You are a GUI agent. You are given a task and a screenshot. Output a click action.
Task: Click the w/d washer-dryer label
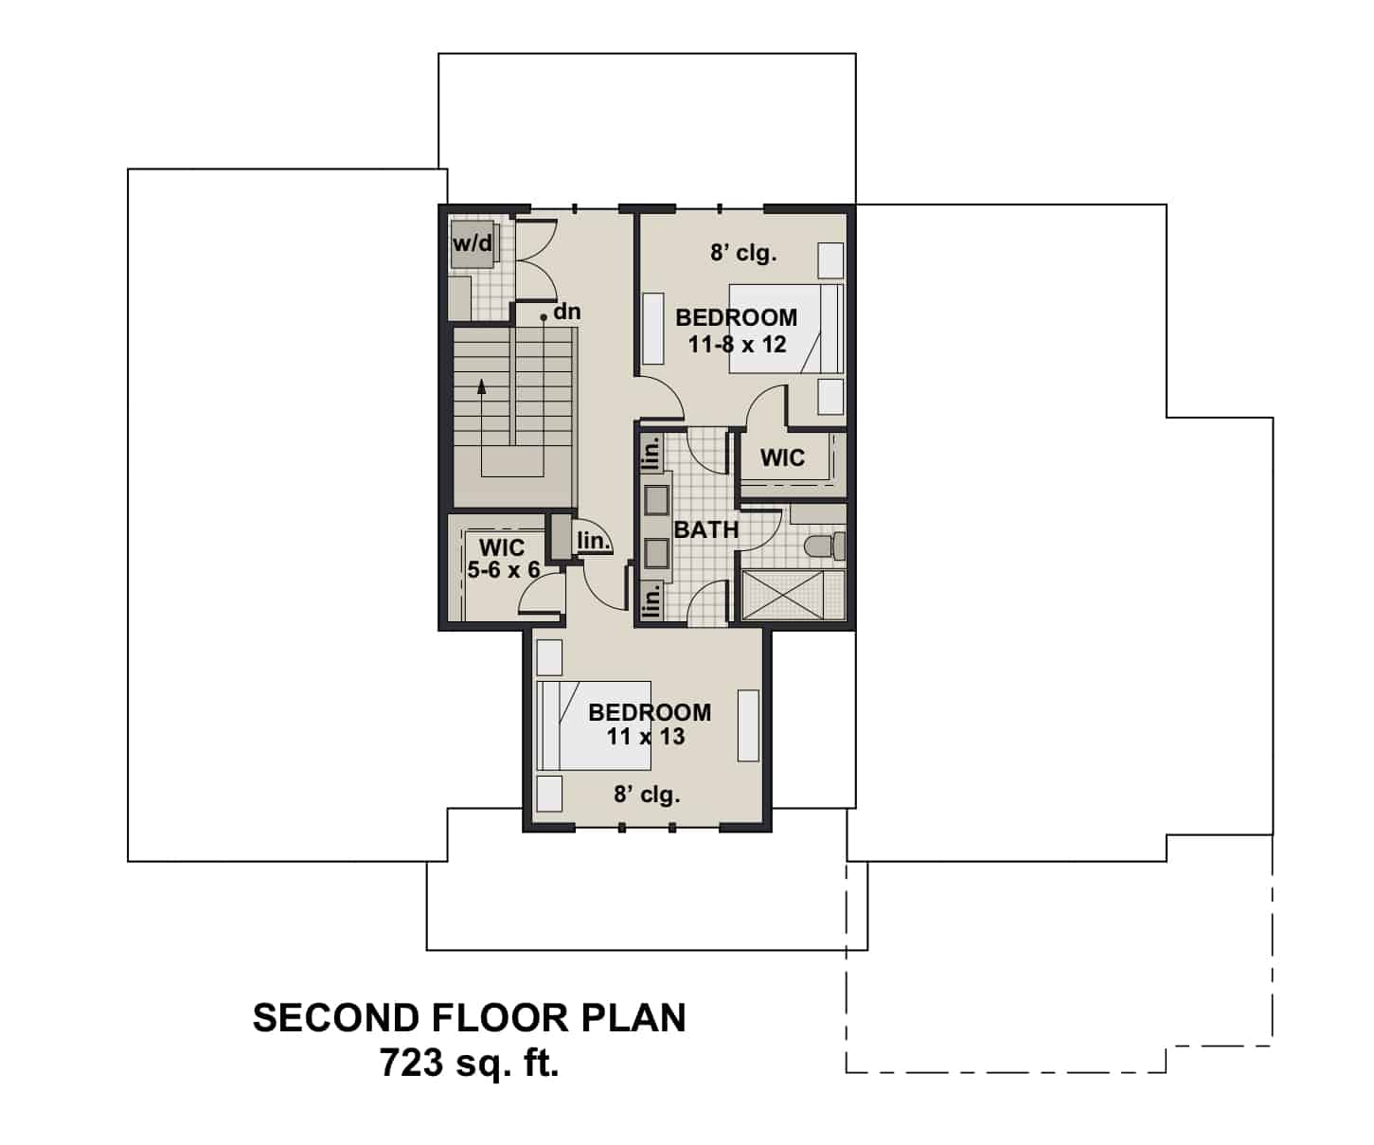pyautogui.click(x=472, y=243)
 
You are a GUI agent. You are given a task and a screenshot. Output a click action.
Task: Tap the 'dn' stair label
pyautogui.click(x=566, y=312)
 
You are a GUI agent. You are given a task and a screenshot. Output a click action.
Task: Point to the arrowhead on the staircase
pyautogui.click(x=482, y=385)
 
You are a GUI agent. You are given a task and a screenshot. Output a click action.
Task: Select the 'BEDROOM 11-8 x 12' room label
pyautogui.click(x=737, y=331)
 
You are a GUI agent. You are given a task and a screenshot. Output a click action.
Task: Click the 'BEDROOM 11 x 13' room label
pyautogui.click(x=649, y=725)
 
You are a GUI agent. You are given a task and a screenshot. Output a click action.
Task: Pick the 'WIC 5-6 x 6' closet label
pyautogui.click(x=503, y=559)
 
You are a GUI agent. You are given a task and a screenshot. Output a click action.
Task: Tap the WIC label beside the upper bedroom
pyautogui.click(x=782, y=458)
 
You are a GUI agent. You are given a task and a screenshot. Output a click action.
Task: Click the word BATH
pyautogui.click(x=705, y=529)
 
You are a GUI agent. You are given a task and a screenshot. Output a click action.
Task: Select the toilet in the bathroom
pyautogui.click(x=822, y=546)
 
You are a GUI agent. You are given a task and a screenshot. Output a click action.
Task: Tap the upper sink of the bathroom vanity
pyautogui.click(x=656, y=499)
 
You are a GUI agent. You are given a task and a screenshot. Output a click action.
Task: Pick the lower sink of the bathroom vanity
pyautogui.click(x=656, y=551)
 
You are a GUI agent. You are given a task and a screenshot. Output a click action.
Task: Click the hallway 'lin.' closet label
pyautogui.click(x=594, y=541)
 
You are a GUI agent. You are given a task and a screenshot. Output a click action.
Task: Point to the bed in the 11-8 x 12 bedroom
pyautogui.click(x=785, y=328)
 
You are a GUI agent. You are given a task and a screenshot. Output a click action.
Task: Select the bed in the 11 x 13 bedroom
pyautogui.click(x=593, y=725)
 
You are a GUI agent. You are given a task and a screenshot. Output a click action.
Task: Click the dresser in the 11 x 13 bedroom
pyautogui.click(x=748, y=725)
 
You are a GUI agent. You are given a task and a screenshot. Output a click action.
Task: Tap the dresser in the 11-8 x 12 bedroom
pyautogui.click(x=653, y=329)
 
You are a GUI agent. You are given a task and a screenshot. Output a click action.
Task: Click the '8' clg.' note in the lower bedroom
pyautogui.click(x=647, y=795)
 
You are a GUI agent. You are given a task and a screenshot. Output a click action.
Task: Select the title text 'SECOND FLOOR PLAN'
pyautogui.click(x=469, y=1018)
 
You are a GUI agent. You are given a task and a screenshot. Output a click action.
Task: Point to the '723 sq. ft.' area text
pyautogui.click(x=469, y=1064)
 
